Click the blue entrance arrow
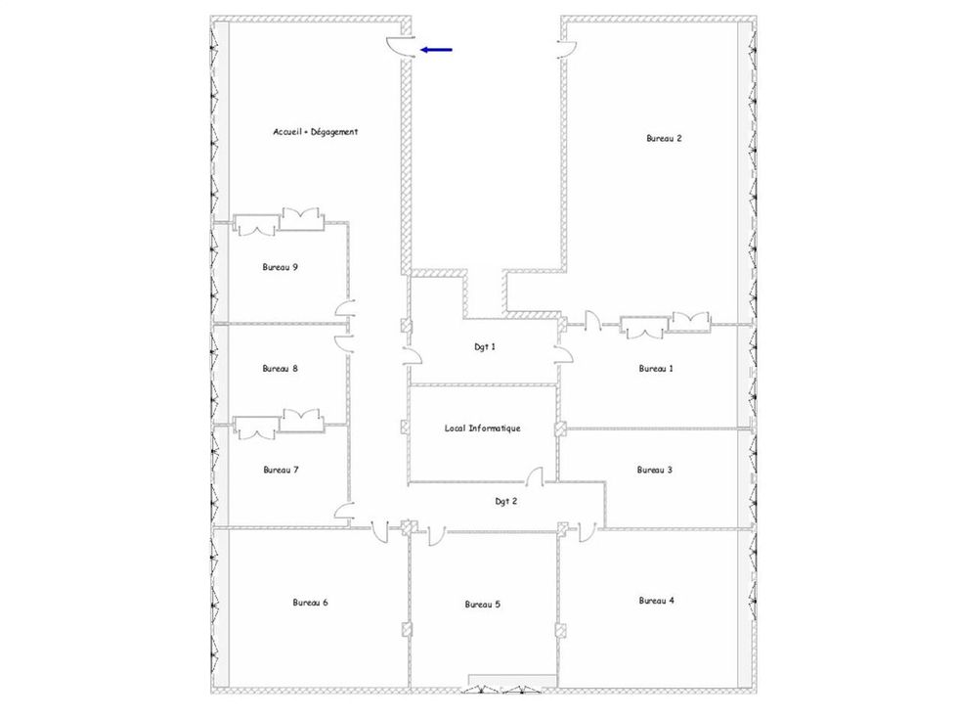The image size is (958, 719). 436,50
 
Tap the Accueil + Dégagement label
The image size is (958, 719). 315,132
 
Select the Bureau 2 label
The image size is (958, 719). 664,138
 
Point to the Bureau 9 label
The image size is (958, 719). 281,267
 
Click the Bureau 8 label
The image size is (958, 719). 281,369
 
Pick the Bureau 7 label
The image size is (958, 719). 282,471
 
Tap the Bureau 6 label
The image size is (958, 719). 311,603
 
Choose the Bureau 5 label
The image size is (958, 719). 483,605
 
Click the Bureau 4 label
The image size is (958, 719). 657,601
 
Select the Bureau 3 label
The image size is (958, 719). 655,471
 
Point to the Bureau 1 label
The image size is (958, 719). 656,369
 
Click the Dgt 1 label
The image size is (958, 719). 485,347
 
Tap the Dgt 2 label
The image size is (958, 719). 506,501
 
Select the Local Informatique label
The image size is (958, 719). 483,428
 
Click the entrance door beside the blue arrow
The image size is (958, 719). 401,47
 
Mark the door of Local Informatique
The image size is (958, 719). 536,476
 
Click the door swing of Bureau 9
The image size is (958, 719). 345,309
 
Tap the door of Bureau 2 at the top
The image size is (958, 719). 568,50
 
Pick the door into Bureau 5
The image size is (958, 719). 436,535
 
